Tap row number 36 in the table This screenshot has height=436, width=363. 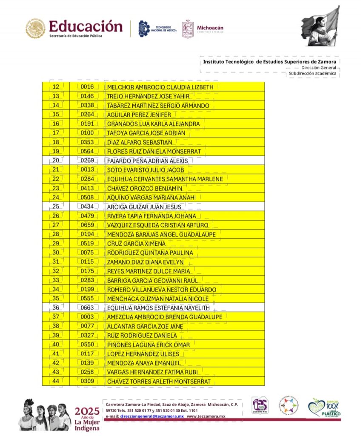click(56, 308)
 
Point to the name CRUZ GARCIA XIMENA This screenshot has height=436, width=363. click(136, 244)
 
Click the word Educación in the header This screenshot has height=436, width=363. click(86, 26)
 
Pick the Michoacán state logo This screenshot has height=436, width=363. click(188, 29)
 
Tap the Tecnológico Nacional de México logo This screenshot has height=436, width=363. click(144, 29)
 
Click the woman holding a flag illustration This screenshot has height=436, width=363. click(321, 26)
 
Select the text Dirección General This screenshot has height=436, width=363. click(319, 68)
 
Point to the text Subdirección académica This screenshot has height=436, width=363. click(312, 73)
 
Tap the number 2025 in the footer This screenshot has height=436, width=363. click(87, 411)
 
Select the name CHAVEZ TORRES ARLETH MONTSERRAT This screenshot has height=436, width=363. click(159, 381)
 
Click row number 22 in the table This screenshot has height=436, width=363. click(56, 179)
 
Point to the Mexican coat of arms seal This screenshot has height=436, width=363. click(35, 28)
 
